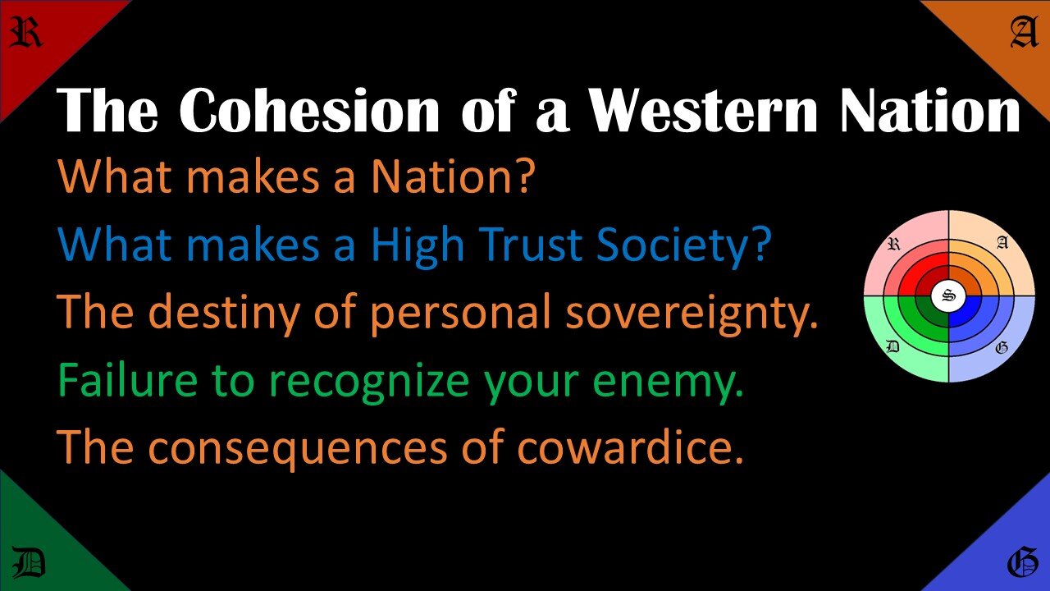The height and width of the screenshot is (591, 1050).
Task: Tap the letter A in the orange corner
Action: coord(1023,34)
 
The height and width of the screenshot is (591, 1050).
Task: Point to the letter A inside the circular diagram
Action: coord(1002,243)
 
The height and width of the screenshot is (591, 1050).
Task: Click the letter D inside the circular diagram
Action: coord(894,347)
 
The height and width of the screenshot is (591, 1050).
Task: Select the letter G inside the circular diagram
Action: coord(1002,347)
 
